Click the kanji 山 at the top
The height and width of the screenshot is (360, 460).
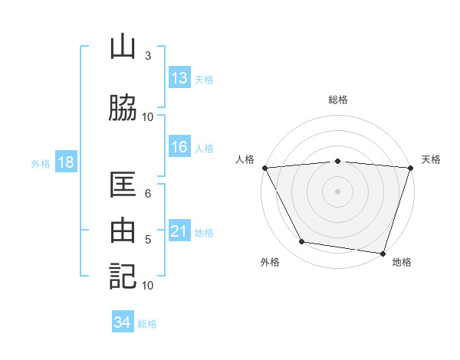(x=123, y=47)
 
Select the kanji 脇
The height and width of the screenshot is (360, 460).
(x=123, y=108)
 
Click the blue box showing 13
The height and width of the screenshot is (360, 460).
(x=179, y=78)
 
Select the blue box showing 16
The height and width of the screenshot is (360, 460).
(x=179, y=147)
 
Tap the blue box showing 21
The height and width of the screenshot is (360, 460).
(x=179, y=231)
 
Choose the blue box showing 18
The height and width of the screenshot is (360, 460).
(x=64, y=162)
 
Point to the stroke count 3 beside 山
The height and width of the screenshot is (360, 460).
(x=148, y=56)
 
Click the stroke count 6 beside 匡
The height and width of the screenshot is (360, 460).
(x=148, y=194)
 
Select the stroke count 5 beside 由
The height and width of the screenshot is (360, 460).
(x=148, y=240)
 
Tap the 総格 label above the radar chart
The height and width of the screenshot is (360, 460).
(x=338, y=100)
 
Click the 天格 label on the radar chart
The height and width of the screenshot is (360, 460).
(x=432, y=159)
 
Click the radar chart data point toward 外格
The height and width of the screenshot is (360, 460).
(x=302, y=242)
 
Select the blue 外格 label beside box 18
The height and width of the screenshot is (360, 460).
(x=41, y=163)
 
